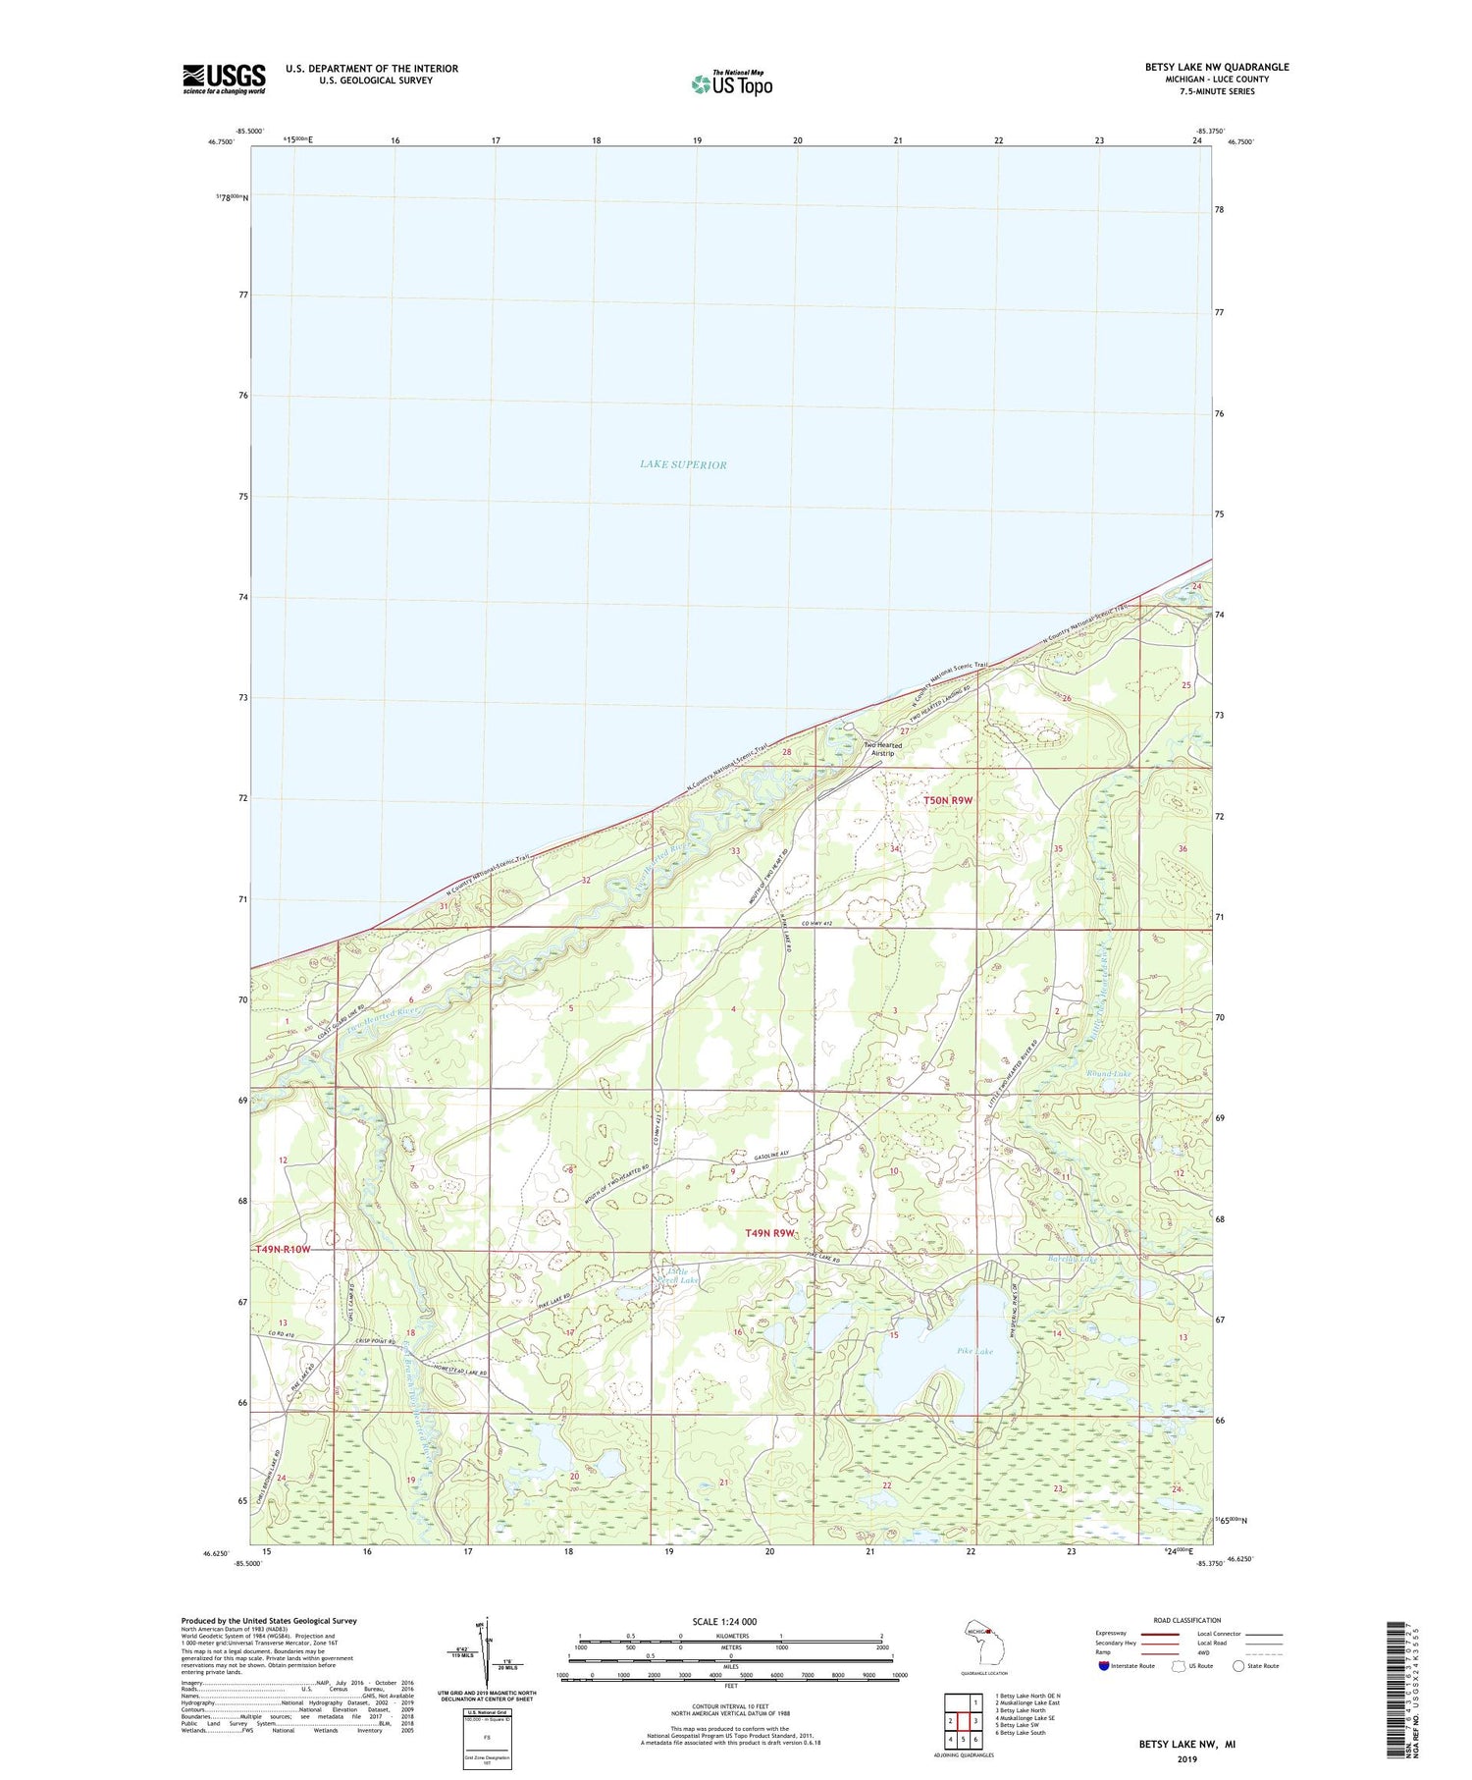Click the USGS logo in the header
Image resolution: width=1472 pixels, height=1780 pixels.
click(x=224, y=79)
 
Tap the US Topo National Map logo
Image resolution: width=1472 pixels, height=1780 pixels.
click(x=731, y=84)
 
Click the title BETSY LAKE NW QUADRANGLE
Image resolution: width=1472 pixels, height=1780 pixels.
click(x=1217, y=67)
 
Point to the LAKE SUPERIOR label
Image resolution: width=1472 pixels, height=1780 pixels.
click(x=683, y=464)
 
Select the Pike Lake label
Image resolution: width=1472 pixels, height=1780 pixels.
click(x=974, y=1351)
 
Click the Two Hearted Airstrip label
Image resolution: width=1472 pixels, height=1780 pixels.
click(x=882, y=749)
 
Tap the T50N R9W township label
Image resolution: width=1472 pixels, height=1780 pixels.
click(x=947, y=800)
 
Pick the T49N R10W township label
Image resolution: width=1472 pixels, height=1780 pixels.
click(x=283, y=1249)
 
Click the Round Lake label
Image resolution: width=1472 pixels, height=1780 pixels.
click(x=1109, y=1074)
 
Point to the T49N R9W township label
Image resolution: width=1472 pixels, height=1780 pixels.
click(x=768, y=1232)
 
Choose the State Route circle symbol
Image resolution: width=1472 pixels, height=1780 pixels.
click(x=1238, y=1665)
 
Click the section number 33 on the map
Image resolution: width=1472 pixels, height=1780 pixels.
click(x=735, y=851)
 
